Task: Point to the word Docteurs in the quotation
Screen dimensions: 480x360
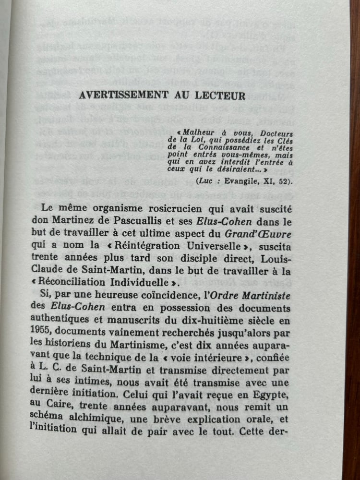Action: click(274, 135)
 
